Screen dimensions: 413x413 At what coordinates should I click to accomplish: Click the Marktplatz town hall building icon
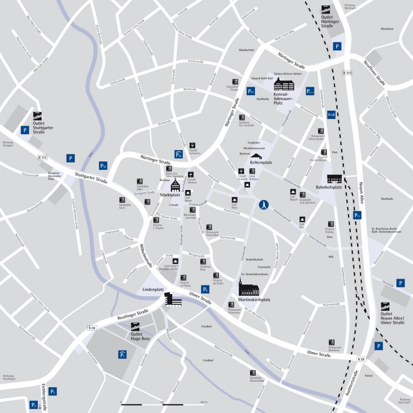point(176,185)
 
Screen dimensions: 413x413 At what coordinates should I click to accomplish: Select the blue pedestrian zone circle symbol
point(264,204)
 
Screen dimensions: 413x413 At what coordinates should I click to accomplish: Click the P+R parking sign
point(331,115)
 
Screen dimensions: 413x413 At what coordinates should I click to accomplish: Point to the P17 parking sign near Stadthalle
point(250,91)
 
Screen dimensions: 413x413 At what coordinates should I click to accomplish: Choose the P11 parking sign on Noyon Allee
point(358,215)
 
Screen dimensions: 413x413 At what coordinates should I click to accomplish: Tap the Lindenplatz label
point(153,289)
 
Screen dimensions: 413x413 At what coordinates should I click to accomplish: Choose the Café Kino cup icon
point(303,219)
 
